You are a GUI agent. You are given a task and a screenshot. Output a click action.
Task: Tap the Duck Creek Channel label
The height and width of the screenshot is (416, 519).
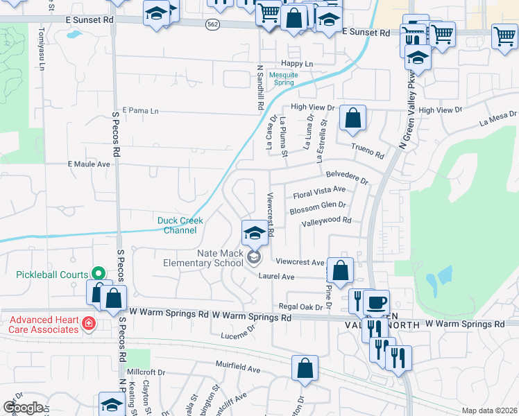point(180,225)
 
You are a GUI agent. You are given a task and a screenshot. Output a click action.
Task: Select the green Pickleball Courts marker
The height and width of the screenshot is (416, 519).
point(98,275)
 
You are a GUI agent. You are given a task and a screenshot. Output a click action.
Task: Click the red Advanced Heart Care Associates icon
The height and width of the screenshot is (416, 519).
point(88,323)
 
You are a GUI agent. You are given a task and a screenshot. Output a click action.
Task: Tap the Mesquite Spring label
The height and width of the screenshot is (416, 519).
point(284,78)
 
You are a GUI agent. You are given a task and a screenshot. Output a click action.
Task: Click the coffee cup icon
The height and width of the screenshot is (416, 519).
point(376,302)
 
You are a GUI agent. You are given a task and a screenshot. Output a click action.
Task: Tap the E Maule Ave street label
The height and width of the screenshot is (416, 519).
point(89,164)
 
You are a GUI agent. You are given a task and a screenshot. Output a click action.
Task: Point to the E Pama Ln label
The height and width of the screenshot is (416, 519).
point(140,110)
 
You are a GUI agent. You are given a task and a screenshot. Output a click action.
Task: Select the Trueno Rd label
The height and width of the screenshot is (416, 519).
point(368,150)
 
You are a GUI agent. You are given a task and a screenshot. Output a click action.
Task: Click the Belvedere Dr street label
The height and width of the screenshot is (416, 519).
point(347,177)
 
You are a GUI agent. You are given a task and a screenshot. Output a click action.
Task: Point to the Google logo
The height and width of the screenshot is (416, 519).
point(23,408)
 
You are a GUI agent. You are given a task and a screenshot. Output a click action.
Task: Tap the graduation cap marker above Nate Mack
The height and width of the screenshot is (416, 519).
point(255,232)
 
